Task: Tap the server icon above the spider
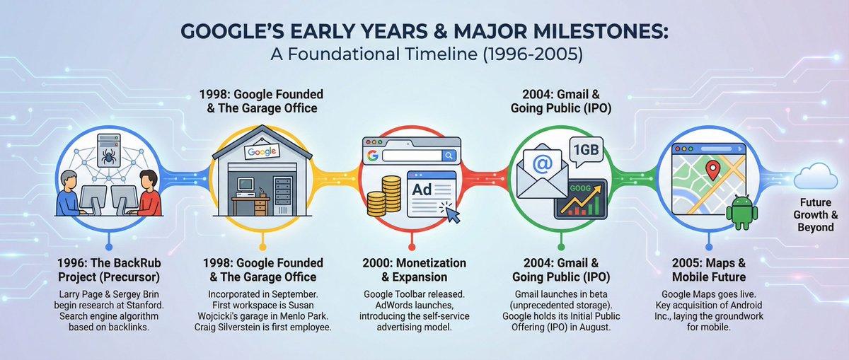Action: (108, 135)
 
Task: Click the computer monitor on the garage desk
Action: (245, 185)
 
